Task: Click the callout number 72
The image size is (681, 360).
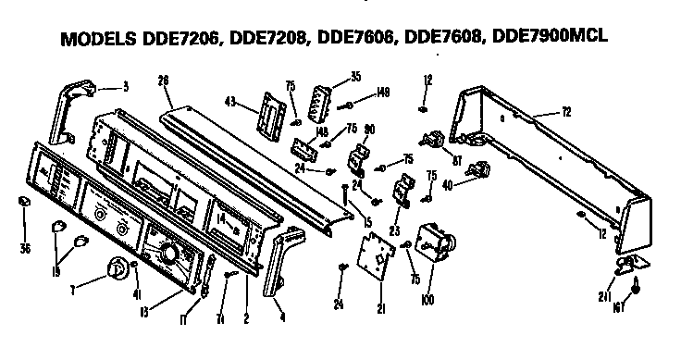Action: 565,111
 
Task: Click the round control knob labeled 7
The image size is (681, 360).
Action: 118,267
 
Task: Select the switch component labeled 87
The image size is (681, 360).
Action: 430,142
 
